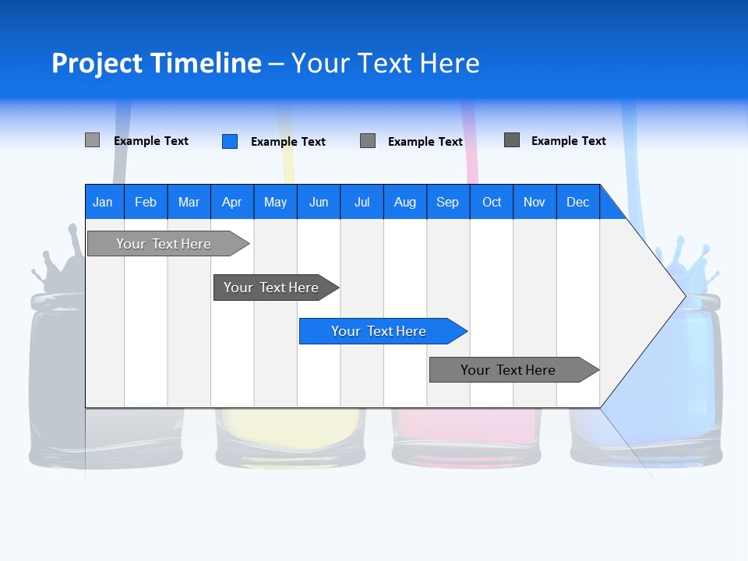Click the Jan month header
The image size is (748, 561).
pyautogui.click(x=104, y=202)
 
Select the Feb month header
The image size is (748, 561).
pyautogui.click(x=146, y=202)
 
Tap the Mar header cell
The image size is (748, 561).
pyautogui.click(x=189, y=202)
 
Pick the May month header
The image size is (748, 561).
pyautogui.click(x=275, y=202)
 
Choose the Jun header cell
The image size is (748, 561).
pyautogui.click(x=319, y=202)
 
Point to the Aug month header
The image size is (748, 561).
pyautogui.click(x=405, y=202)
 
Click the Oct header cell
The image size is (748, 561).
pyautogui.click(x=492, y=202)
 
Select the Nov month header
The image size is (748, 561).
pyautogui.click(x=535, y=202)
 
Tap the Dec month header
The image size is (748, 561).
pyautogui.click(x=578, y=202)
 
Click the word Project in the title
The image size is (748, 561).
pyautogui.click(x=97, y=63)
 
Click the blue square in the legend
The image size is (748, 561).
pyautogui.click(x=230, y=141)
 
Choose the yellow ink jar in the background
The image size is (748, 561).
pyautogui.click(x=290, y=436)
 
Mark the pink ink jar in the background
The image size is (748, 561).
pyautogui.click(x=466, y=436)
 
